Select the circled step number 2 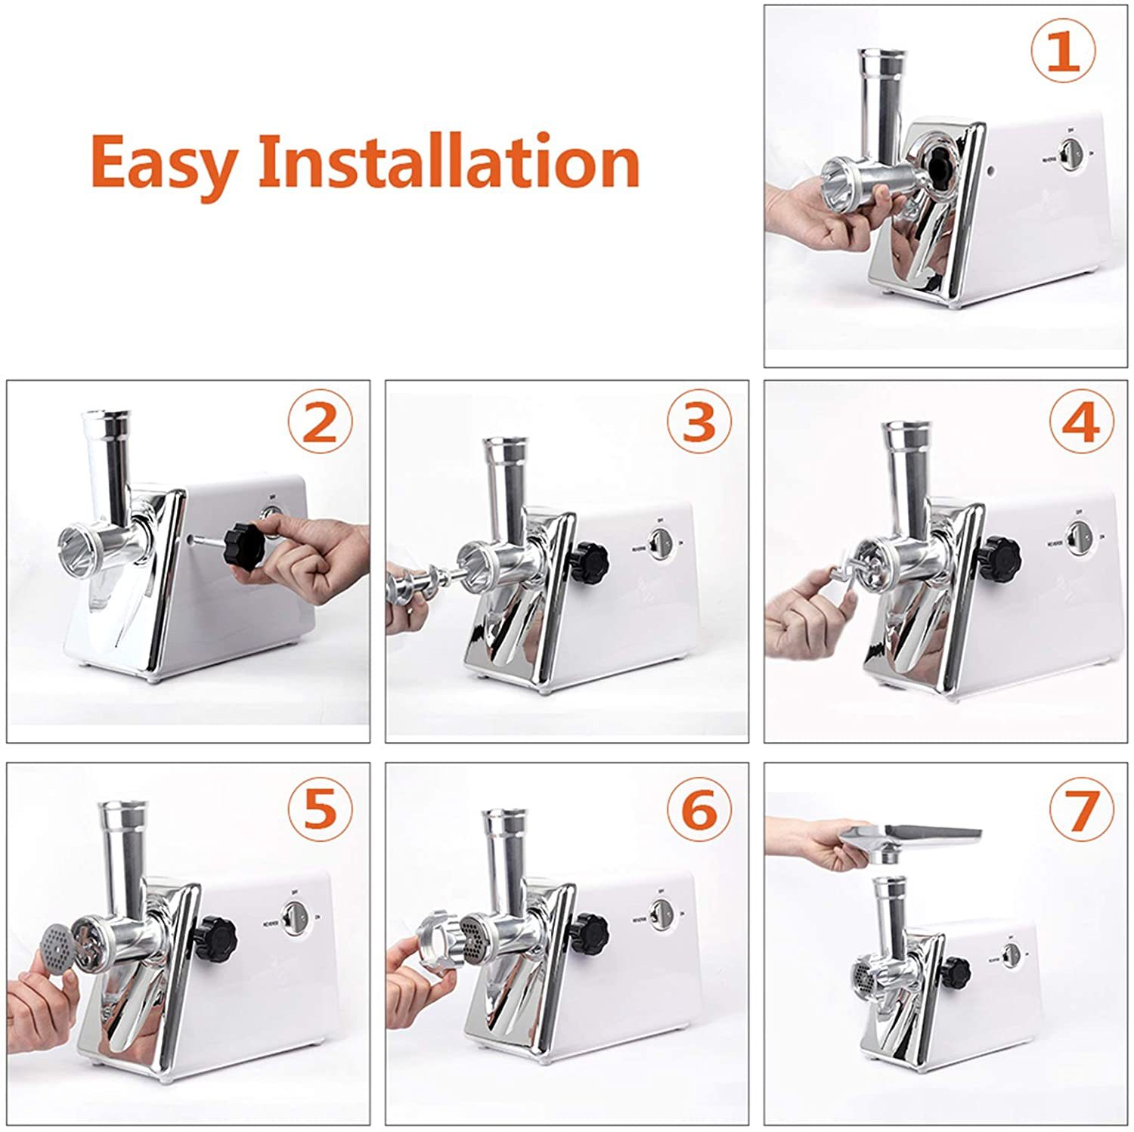point(320,423)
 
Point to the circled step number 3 point(699,423)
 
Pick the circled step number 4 point(1081,423)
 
